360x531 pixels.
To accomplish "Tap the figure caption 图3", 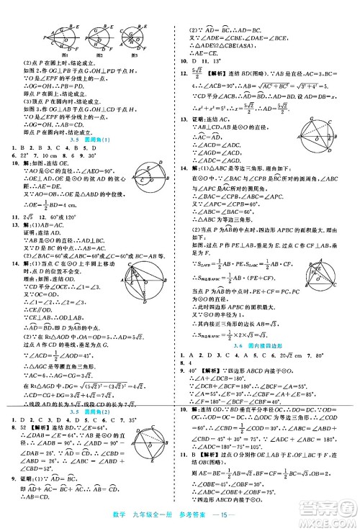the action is (135, 55).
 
